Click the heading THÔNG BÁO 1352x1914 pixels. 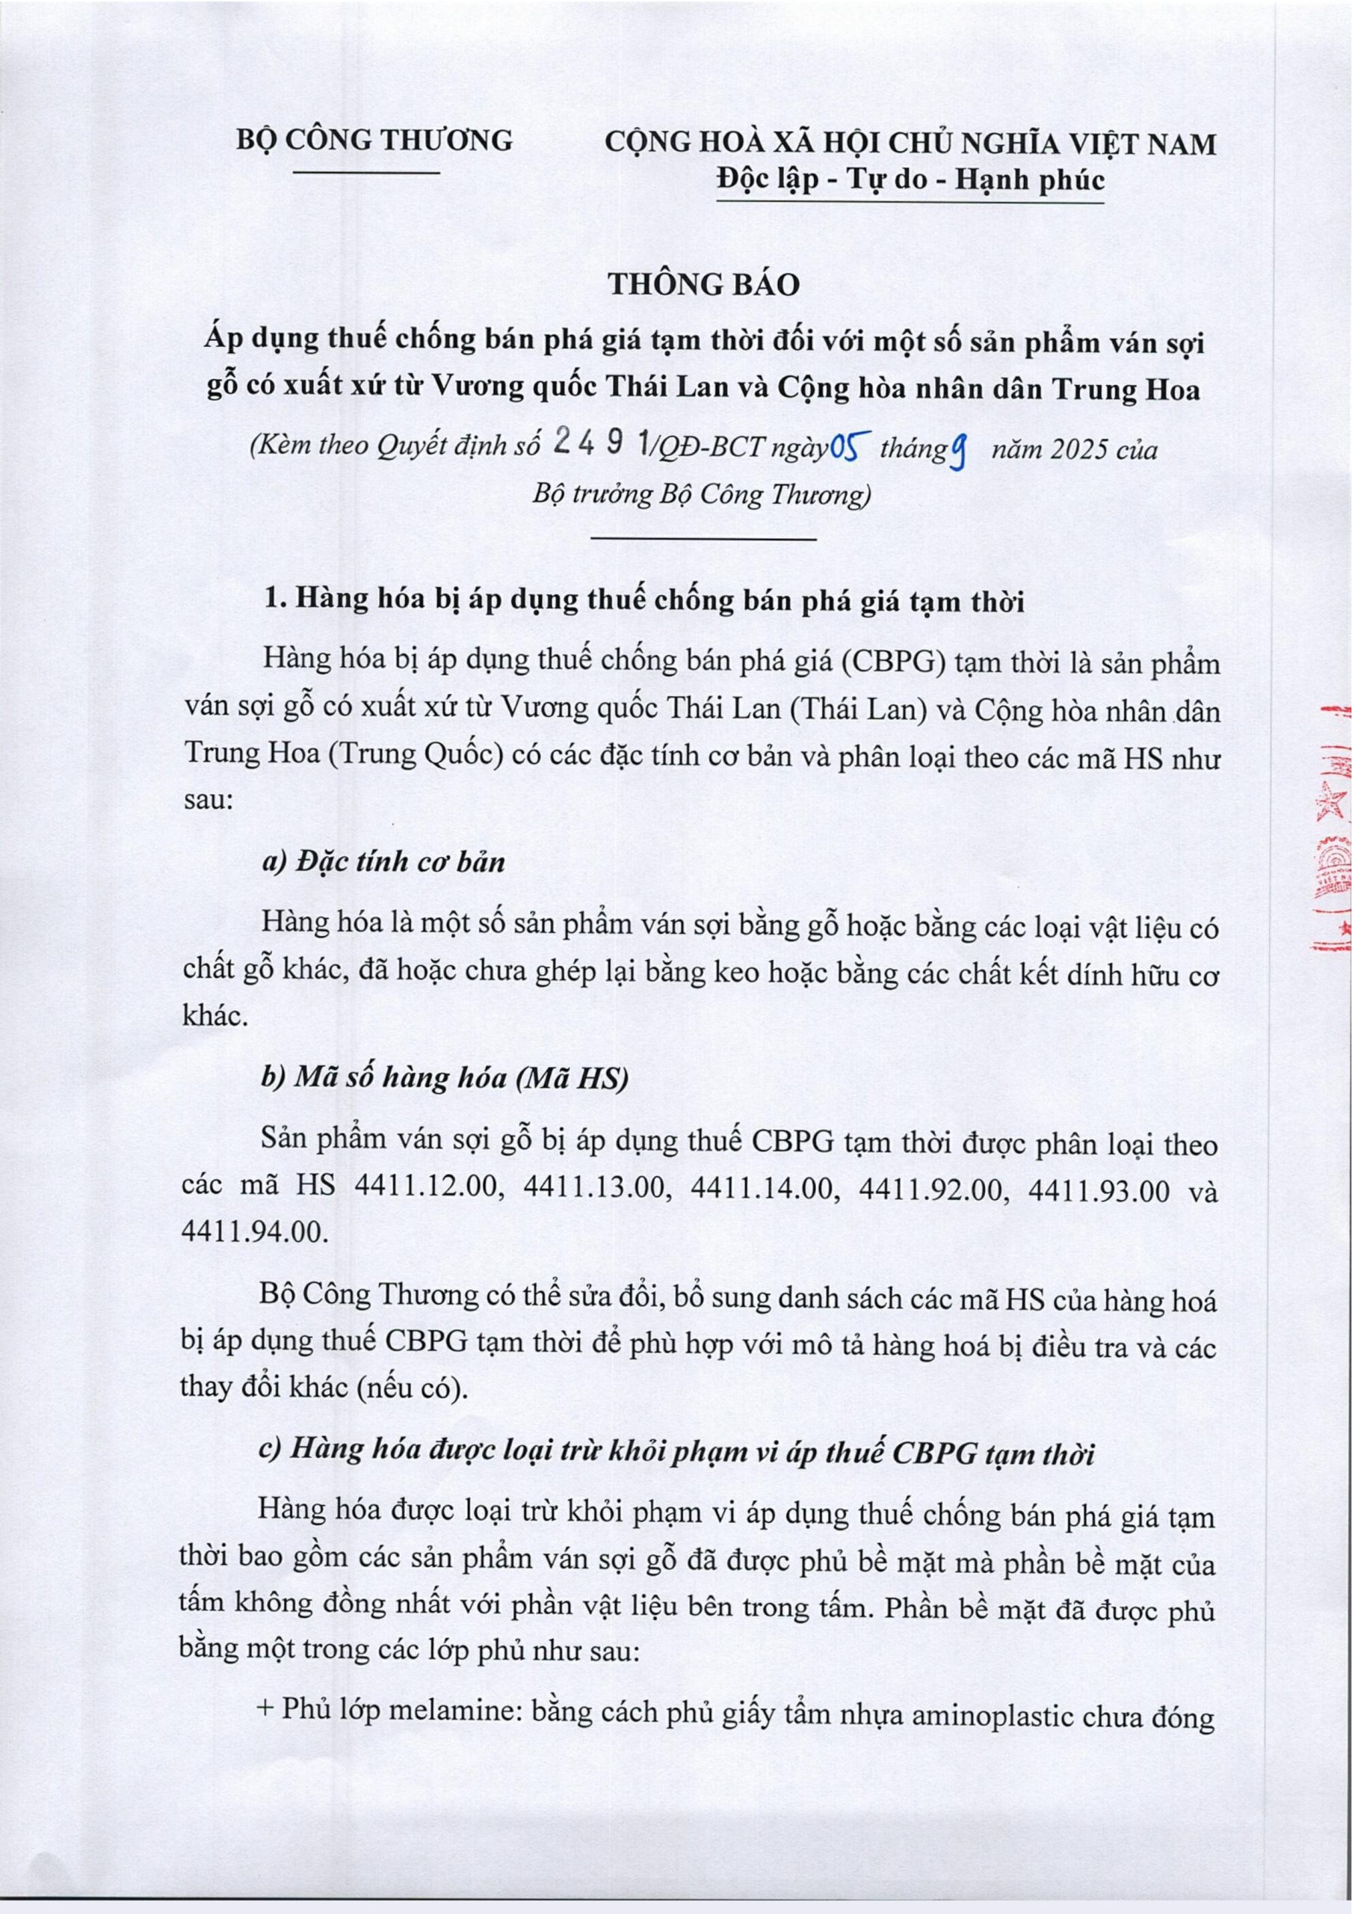704,284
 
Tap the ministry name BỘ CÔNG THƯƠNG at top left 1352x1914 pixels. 374,141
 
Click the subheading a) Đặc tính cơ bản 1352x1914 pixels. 383,863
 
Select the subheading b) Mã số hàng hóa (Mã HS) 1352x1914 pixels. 443,1080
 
